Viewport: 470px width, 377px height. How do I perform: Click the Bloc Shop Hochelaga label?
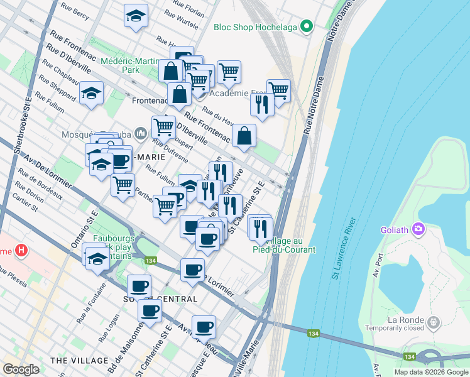pyautogui.click(x=254, y=27)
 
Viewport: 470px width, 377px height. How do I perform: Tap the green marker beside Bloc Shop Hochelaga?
pyautogui.click(x=306, y=26)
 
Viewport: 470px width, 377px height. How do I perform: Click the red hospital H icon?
pyautogui.click(x=21, y=251)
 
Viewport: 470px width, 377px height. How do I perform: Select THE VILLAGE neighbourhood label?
pyautogui.click(x=79, y=361)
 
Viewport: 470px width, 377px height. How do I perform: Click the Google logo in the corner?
pyautogui.click(x=21, y=369)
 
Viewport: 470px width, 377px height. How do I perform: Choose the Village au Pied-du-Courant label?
pyautogui.click(x=290, y=245)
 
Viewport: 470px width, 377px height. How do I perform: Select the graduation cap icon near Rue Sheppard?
pyautogui.click(x=92, y=94)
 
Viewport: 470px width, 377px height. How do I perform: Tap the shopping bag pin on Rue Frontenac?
pyautogui.click(x=243, y=136)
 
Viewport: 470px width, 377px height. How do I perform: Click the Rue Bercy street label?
pyautogui.click(x=74, y=9)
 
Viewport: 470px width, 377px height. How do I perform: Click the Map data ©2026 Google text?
pyautogui.click(x=431, y=372)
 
